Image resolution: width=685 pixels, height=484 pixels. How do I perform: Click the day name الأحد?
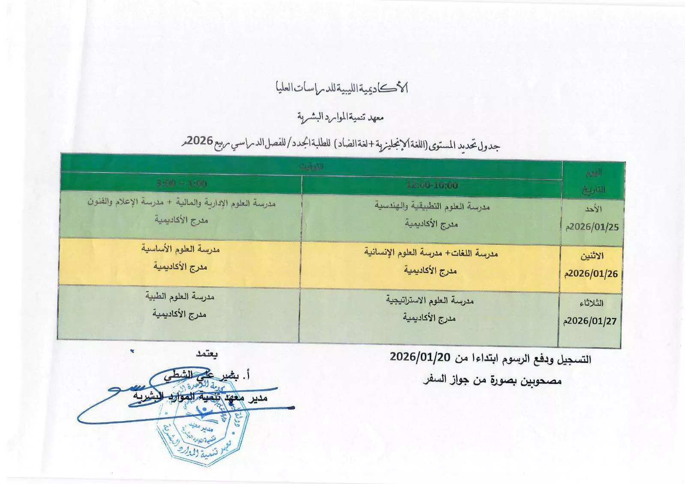pos(593,209)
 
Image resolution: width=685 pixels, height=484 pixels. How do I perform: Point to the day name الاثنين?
pos(592,256)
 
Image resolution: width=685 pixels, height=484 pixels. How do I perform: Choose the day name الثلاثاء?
pos(591,303)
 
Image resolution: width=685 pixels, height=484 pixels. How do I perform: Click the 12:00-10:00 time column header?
pos(432,185)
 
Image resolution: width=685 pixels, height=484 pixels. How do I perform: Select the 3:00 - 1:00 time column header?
pos(182,184)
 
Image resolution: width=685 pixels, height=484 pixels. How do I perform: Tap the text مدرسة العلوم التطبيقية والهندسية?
pos(432,206)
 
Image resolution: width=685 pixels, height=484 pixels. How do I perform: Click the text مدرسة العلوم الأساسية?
pos(181,249)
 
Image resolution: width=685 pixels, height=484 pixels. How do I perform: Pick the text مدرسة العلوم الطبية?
pos(180,296)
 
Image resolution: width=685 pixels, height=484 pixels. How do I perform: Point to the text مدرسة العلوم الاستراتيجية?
pos(430,300)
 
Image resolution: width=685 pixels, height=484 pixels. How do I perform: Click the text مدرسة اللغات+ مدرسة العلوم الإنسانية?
pos(431,253)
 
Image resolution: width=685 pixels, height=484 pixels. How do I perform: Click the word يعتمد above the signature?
pos(206,354)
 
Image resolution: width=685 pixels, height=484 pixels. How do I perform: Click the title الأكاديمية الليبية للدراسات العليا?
pos(341,88)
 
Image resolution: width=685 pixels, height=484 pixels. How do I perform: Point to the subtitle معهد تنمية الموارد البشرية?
pos(341,116)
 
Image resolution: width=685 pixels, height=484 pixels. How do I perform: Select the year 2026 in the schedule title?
pos(200,141)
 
